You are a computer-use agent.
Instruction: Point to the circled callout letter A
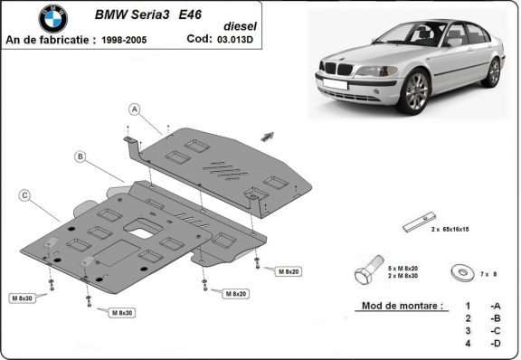coord(134,109)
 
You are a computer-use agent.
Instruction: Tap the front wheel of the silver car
coord(415,91)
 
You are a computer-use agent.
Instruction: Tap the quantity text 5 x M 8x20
coord(403,268)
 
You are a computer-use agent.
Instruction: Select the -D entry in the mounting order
coord(494,344)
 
